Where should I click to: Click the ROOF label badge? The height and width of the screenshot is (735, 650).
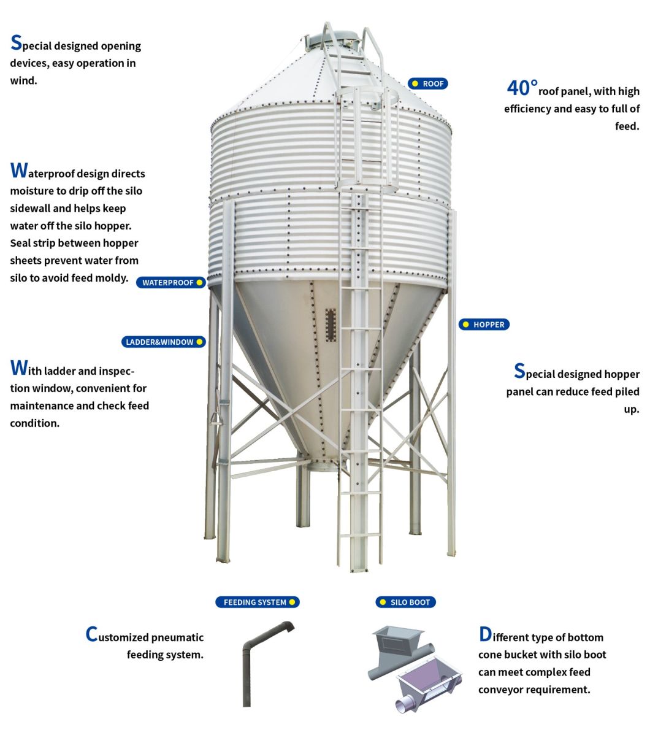[x=428, y=83]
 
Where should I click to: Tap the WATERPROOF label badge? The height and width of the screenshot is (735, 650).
[x=171, y=283]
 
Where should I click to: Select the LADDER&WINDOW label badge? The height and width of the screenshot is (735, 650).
[x=163, y=342]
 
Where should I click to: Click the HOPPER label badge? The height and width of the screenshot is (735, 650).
[x=484, y=325]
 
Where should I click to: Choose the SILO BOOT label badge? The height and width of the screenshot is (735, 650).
[x=405, y=602]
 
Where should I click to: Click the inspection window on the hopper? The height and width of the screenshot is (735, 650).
[x=331, y=325]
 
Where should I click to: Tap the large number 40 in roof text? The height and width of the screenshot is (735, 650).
[x=522, y=88]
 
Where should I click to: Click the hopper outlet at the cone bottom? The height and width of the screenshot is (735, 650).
[x=323, y=466]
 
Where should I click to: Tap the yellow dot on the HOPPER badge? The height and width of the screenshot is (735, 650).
[x=467, y=325]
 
